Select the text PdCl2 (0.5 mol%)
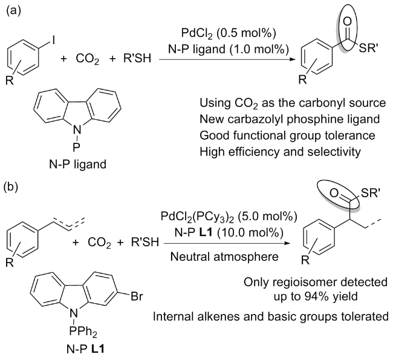(x=229, y=34)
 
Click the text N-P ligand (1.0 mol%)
(x=229, y=49)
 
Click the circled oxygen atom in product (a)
(x=347, y=22)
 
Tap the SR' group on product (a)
(x=368, y=48)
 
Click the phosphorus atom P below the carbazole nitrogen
(x=76, y=147)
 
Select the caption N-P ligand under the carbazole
(x=78, y=165)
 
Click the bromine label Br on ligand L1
(x=137, y=296)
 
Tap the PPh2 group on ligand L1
(x=83, y=332)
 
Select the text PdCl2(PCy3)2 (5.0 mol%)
(x=229, y=217)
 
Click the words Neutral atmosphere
(x=224, y=257)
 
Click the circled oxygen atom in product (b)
(x=334, y=194)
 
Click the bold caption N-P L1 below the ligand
(x=85, y=349)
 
